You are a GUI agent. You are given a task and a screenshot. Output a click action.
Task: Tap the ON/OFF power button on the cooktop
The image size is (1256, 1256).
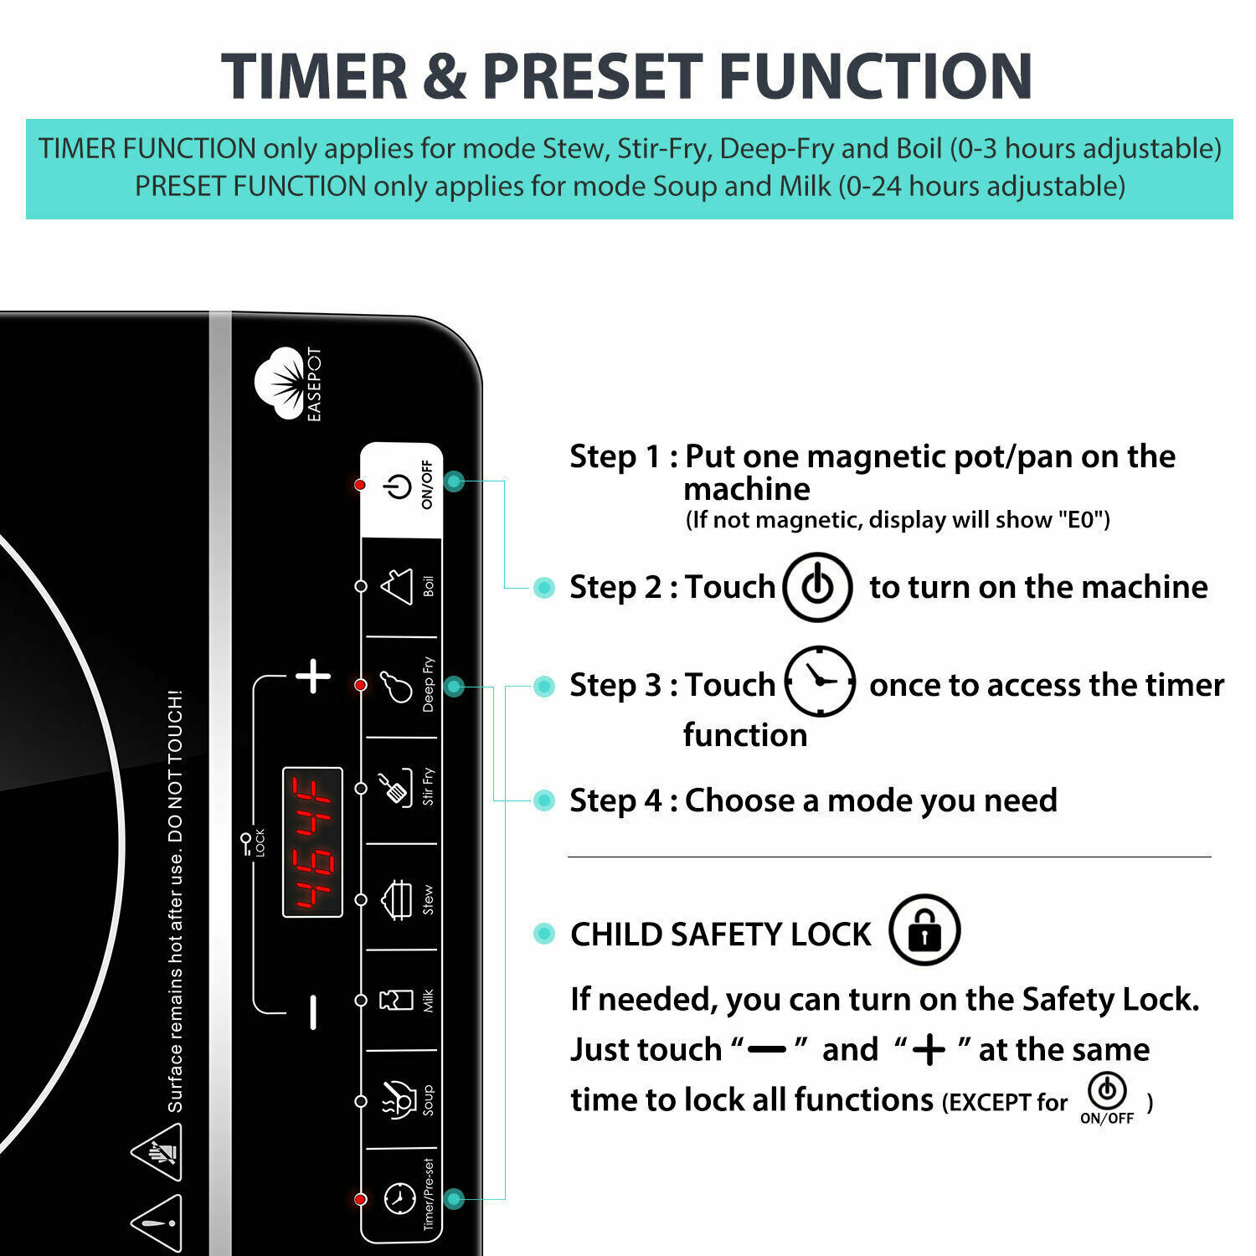[399, 486]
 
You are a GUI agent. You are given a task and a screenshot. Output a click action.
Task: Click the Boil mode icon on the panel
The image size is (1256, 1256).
[398, 586]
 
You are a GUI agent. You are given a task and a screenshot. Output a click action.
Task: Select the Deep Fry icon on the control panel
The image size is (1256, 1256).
[397, 686]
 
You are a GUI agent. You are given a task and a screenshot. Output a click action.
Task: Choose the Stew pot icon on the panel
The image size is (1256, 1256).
[398, 900]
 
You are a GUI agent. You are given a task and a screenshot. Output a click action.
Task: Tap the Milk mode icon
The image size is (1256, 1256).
[397, 1000]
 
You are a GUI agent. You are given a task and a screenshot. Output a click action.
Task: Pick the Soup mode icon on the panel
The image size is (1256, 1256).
[399, 1099]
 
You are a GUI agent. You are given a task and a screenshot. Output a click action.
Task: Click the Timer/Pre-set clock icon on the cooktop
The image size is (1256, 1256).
[399, 1198]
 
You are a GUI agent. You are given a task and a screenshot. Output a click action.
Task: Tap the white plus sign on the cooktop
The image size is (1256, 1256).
[313, 677]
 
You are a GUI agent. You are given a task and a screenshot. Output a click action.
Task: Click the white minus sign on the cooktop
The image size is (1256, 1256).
[313, 1011]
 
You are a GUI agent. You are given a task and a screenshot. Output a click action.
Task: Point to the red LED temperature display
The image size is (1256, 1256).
[312, 842]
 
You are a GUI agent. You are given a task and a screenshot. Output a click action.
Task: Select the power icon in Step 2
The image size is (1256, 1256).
[817, 587]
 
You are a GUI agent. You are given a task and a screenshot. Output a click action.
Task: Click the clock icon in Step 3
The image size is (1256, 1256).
[820, 682]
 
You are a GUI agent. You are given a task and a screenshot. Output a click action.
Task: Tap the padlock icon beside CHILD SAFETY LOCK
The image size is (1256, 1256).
[924, 930]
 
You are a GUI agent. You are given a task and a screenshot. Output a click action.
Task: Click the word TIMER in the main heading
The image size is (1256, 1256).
[314, 77]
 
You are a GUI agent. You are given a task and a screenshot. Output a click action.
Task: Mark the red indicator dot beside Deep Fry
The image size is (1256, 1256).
[361, 685]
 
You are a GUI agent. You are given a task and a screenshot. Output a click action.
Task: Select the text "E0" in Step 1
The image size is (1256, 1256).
[1080, 520]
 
